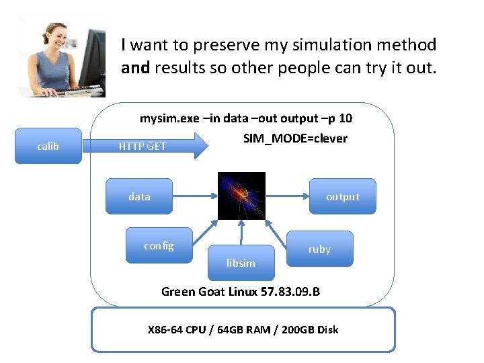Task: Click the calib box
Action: coord(48,146)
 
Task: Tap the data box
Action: coord(139,196)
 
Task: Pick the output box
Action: coord(343,196)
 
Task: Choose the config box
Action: coord(159,246)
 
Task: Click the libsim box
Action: coord(241,263)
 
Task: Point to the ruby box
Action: coord(319,249)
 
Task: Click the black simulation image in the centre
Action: coord(241,196)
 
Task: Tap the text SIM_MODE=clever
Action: coord(295,138)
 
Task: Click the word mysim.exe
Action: coord(169,118)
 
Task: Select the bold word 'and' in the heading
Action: coord(136,69)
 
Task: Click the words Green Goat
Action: coord(190,292)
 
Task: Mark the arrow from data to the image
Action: coord(195,196)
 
